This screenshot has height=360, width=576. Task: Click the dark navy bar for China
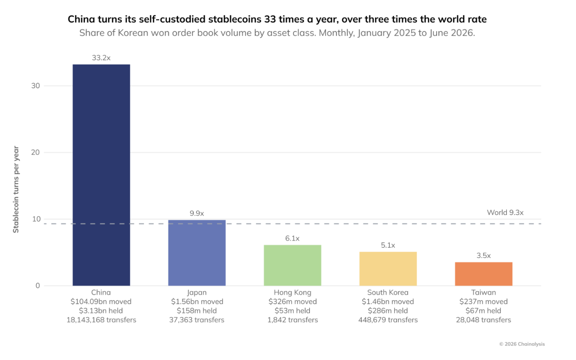101,175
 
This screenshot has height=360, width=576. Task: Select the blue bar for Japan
197,253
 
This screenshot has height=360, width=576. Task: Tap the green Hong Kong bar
293,265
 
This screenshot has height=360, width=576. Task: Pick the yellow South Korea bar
388,269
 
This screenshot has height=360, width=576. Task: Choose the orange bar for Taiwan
484,274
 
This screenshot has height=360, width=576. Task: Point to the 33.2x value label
101,58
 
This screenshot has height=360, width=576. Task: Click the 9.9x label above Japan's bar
197,213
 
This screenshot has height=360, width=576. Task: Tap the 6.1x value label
292,239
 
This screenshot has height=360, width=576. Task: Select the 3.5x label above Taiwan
484,255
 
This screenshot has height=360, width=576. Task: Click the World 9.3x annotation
505,212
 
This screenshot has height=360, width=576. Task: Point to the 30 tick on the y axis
36,86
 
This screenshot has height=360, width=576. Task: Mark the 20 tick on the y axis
36,153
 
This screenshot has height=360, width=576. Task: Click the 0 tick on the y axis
38,285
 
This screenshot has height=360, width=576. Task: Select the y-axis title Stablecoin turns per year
16,190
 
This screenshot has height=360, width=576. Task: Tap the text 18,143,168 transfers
101,320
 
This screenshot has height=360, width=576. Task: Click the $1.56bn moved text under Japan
197,302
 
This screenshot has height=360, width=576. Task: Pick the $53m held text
293,311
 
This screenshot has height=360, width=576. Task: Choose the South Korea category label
388,293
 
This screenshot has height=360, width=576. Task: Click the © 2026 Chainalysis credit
522,344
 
